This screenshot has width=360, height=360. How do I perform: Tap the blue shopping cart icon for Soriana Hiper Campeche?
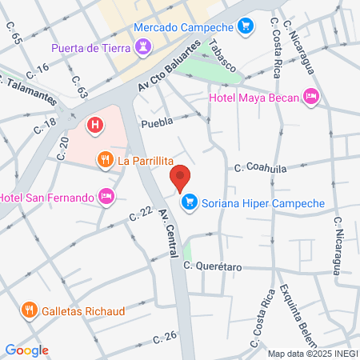click(189, 203)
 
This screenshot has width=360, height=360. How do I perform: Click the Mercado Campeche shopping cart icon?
click(246, 27)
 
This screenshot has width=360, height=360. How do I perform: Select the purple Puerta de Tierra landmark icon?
click(142, 48)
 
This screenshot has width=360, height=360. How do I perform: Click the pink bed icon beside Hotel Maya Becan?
click(311, 98)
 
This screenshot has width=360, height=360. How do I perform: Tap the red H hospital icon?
click(95, 125)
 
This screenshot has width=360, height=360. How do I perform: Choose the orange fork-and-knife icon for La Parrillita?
click(105, 160)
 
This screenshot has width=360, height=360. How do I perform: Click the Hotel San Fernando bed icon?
click(105, 196)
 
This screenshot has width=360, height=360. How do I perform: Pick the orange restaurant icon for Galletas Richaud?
click(29, 310)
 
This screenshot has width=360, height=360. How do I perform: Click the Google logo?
click(26, 350)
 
